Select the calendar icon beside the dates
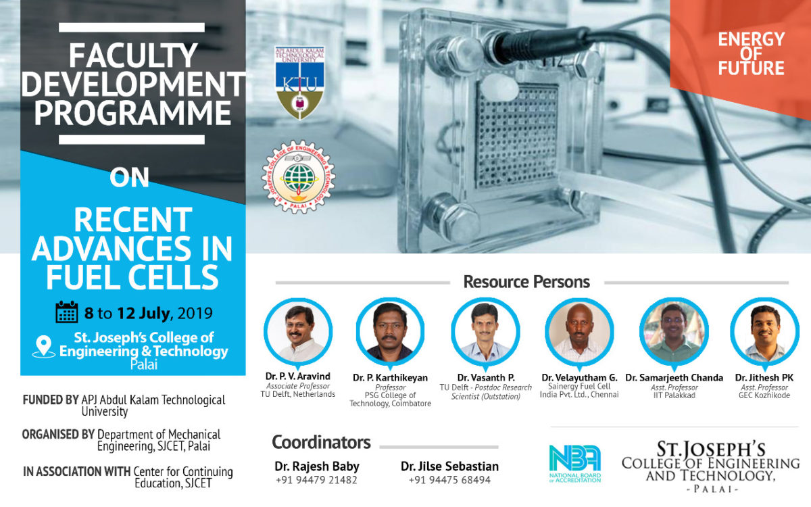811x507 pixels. click(x=66, y=312)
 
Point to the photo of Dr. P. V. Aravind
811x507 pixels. click(x=297, y=333)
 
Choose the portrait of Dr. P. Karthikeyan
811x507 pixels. click(x=390, y=333)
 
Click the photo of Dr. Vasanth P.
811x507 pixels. click(x=485, y=333)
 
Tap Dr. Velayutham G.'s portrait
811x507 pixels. click(x=579, y=333)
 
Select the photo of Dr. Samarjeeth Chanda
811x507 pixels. click(x=673, y=333)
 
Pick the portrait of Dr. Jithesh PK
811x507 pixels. click(x=764, y=333)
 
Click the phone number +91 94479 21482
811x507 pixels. click(x=316, y=480)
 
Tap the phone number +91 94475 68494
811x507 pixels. click(x=449, y=480)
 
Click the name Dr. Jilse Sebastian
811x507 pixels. click(x=449, y=466)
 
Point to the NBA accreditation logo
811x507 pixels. click(x=574, y=463)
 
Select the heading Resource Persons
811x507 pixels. click(x=526, y=282)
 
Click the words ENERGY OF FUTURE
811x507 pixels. click(x=751, y=54)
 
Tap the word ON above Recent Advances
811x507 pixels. click(x=129, y=178)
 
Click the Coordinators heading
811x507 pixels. click(x=321, y=443)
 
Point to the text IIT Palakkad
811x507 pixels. click(x=674, y=395)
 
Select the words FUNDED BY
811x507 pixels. click(x=51, y=400)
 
